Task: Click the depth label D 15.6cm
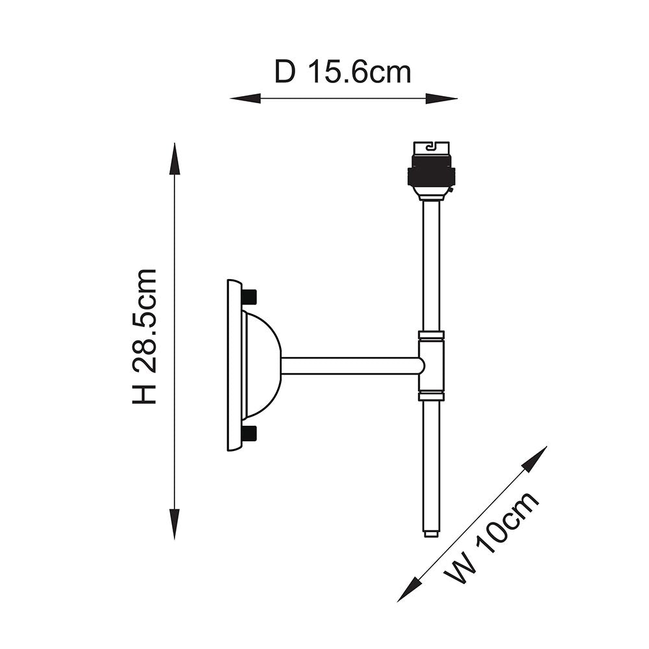(x=343, y=72)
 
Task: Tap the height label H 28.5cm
(x=145, y=336)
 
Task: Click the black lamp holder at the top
(x=431, y=170)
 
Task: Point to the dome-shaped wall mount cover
(x=262, y=365)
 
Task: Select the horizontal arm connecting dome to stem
(x=350, y=365)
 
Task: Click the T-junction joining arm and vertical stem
(x=431, y=365)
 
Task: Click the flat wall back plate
(x=234, y=365)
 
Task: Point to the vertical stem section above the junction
(x=431, y=266)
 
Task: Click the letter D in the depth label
(x=284, y=72)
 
